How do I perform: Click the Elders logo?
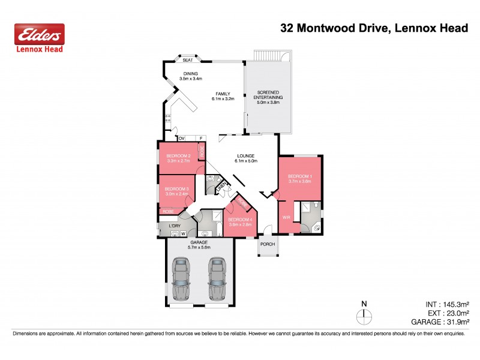(39, 35)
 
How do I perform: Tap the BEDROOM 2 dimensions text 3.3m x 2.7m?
(178, 161)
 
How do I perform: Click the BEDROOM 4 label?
(240, 220)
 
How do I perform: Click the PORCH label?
(267, 244)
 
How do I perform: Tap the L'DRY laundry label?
(175, 226)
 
